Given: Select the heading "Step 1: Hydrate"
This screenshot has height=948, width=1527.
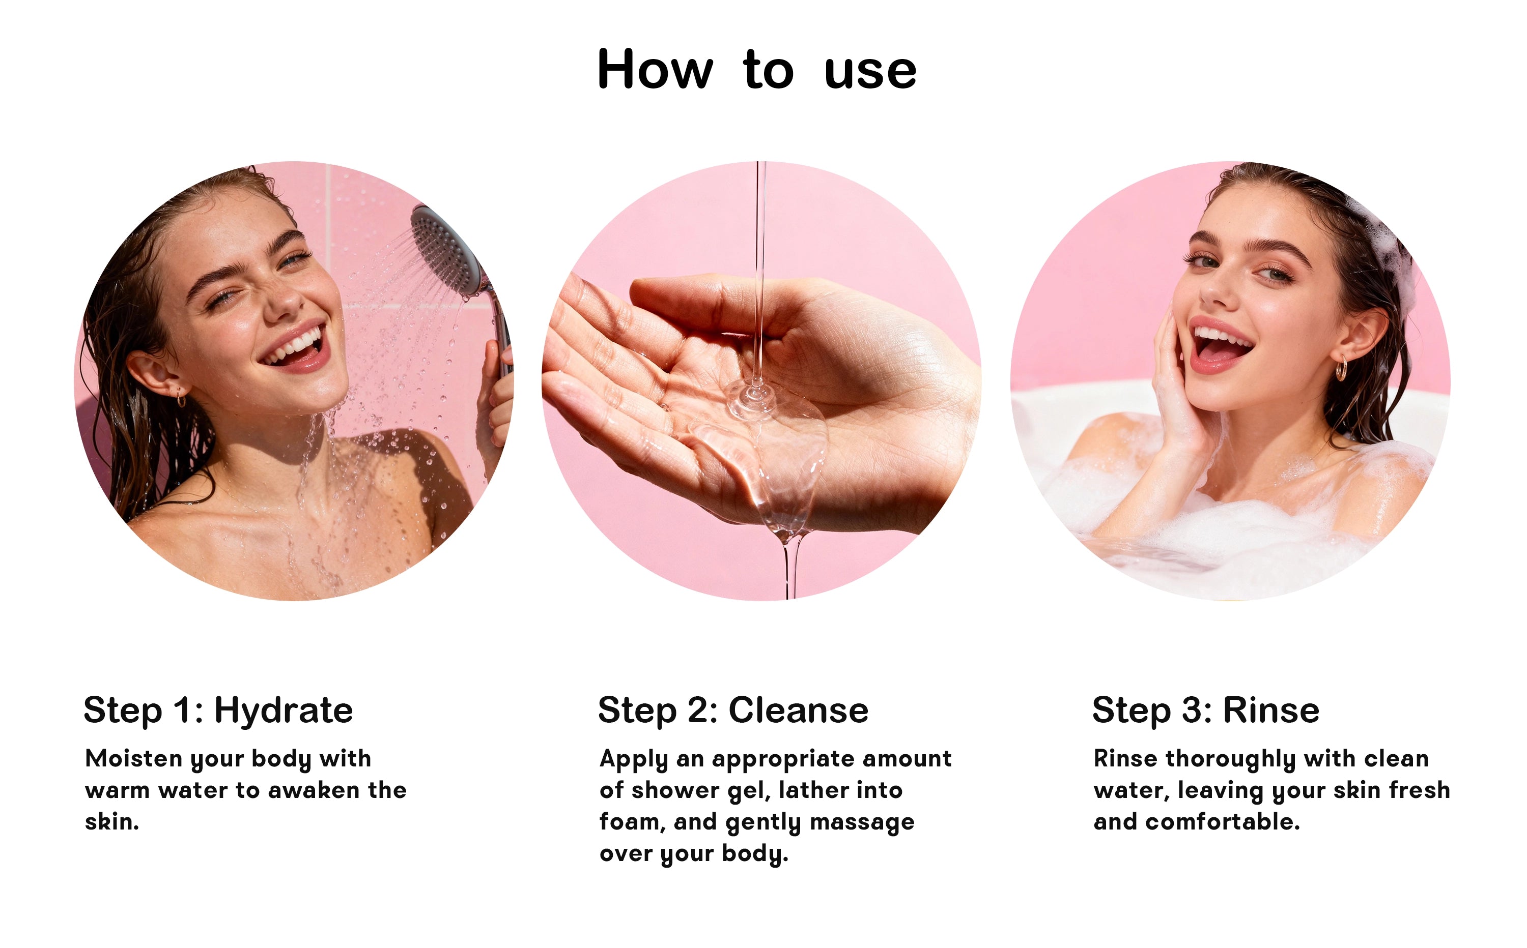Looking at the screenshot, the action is coord(218,711).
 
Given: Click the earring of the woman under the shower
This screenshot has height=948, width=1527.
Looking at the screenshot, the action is coord(181,399).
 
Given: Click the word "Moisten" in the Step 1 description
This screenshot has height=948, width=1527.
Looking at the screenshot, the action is coord(134,759).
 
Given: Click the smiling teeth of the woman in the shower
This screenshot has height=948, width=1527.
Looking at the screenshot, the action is coord(294,347).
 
